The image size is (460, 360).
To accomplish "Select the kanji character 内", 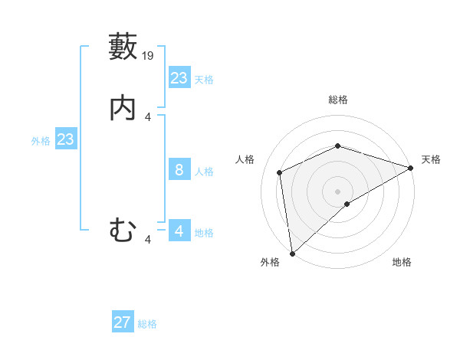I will click(123, 108).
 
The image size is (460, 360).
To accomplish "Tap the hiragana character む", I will click(123, 230).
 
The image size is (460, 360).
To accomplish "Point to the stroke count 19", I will click(149, 56).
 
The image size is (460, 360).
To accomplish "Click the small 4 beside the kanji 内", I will click(148, 117).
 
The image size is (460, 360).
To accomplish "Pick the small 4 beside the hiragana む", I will click(148, 240).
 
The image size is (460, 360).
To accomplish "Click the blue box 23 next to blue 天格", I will click(179, 78).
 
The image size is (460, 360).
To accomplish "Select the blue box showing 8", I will click(179, 170).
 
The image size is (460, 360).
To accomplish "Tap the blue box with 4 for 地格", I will click(179, 231).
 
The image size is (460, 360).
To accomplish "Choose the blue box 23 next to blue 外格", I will click(65, 139).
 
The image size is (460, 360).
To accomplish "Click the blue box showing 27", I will click(123, 322).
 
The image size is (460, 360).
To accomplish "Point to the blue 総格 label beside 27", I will click(147, 324).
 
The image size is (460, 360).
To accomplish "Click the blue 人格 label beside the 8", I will click(204, 171).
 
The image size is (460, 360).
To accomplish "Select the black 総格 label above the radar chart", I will click(338, 100).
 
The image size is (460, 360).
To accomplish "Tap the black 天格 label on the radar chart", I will click(431, 159).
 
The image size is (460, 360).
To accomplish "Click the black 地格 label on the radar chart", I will click(402, 263).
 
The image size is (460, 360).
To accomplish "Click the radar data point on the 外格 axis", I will click(292, 253).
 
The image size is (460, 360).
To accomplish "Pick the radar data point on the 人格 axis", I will click(280, 172).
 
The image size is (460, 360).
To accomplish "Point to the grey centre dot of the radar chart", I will click(338, 191).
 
